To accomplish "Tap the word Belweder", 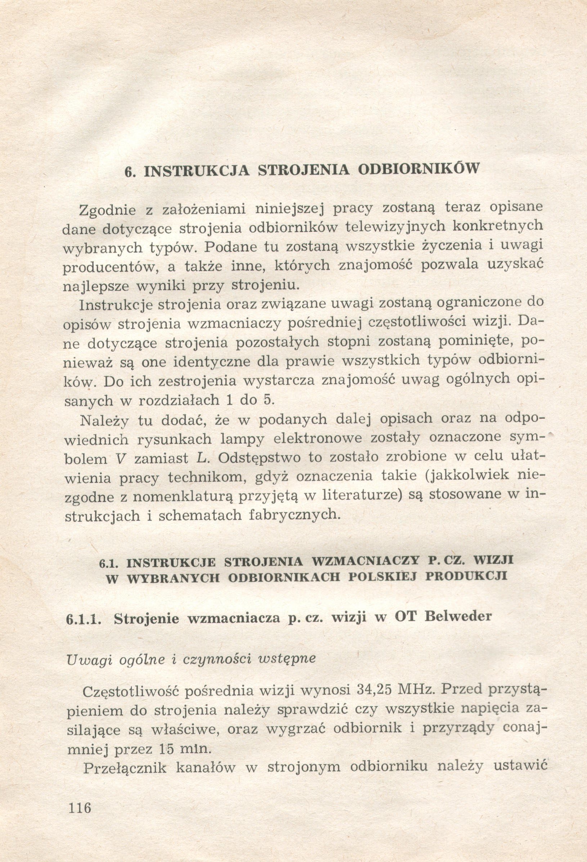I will click(458, 616).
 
